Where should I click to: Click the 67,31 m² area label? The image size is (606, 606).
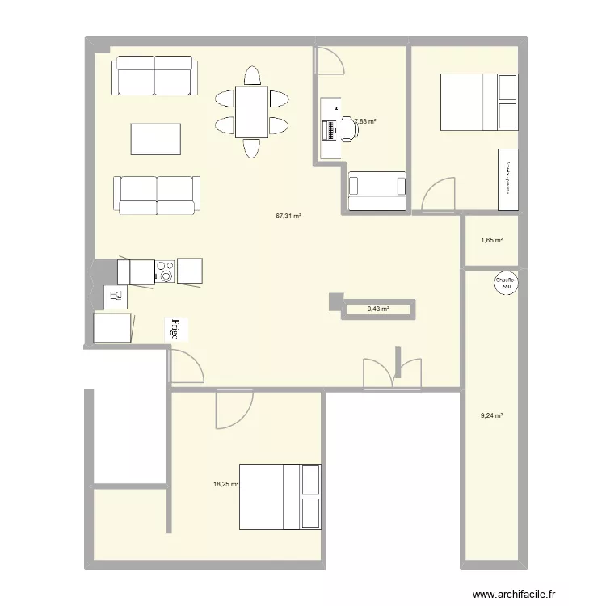288,216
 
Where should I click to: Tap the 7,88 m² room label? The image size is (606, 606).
366,121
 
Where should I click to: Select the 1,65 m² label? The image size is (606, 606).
491,240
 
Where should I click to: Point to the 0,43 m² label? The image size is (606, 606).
378,309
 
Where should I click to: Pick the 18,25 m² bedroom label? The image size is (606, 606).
225,484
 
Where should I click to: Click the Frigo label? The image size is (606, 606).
175,328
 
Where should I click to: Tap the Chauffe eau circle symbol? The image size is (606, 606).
506,281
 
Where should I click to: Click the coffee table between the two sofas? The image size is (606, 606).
155,138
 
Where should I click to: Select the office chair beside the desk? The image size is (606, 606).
349,128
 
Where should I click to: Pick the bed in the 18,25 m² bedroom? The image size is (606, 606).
280,497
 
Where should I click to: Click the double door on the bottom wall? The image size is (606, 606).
393,373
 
